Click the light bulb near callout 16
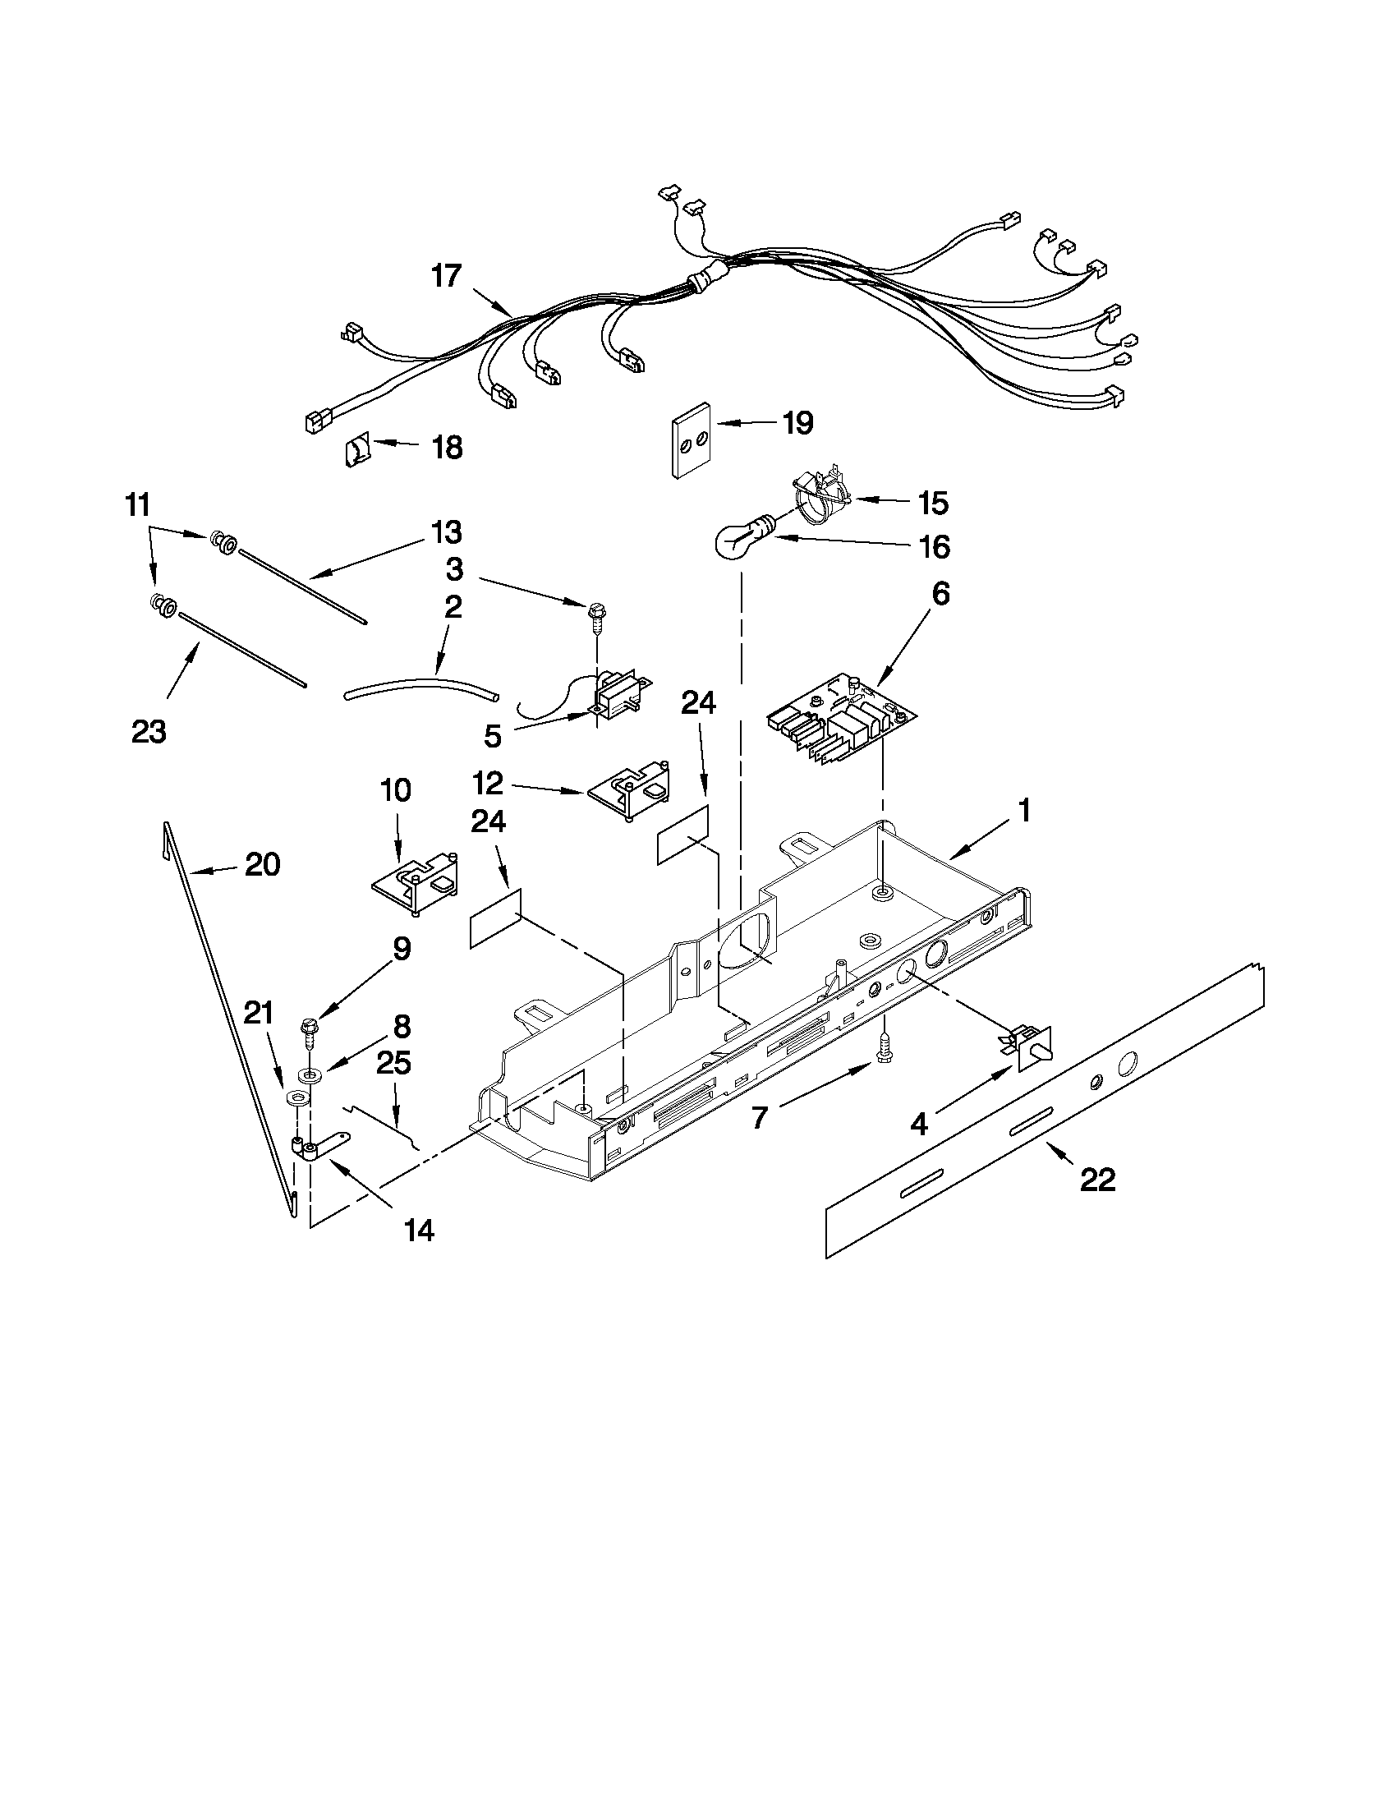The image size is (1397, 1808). point(738,541)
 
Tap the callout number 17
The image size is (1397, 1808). point(446,276)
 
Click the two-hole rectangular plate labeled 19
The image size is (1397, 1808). point(690,441)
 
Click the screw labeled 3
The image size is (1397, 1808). point(595,617)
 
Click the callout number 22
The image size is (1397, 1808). point(1098,1180)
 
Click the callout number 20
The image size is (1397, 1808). point(262,865)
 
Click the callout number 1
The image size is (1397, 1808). point(1025,811)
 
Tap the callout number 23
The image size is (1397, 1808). point(149,731)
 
